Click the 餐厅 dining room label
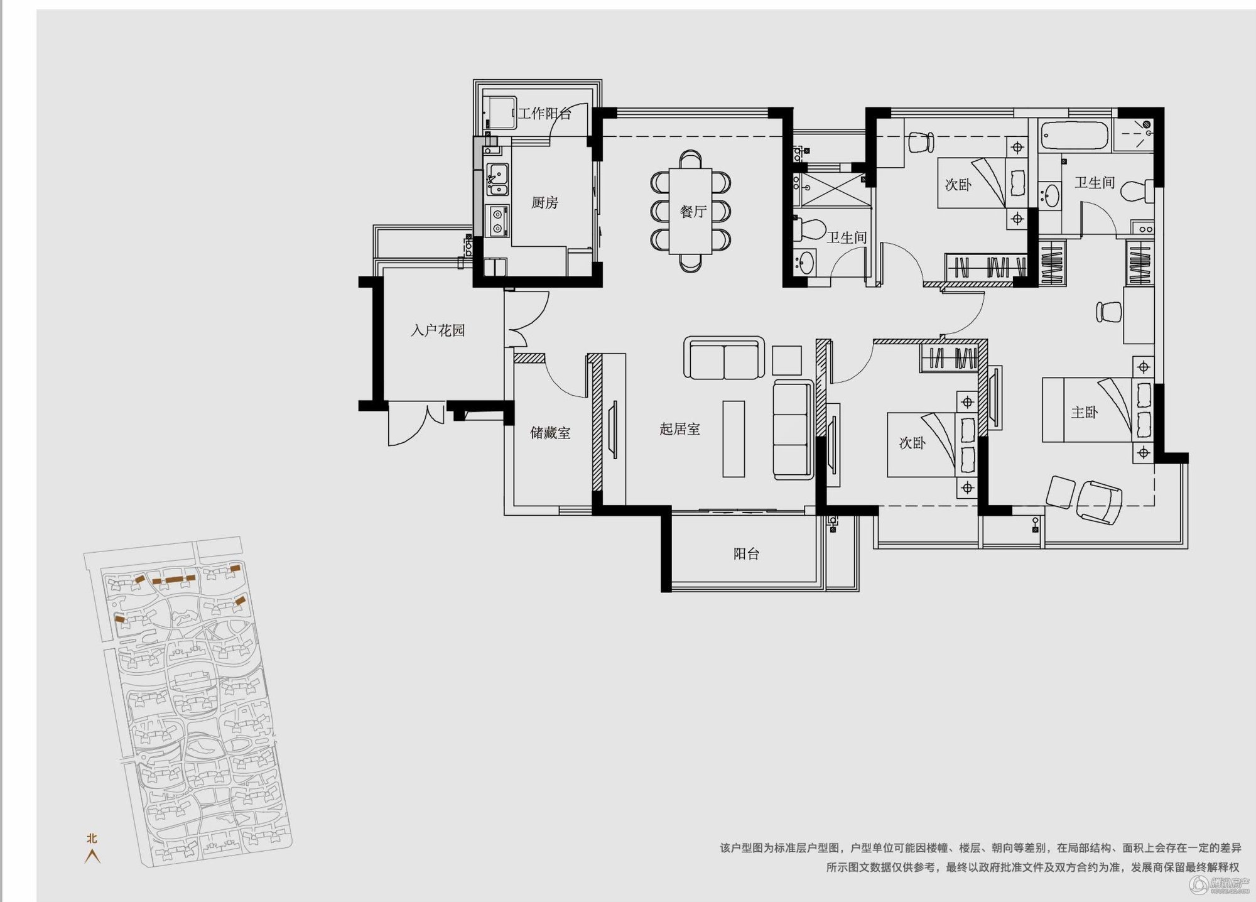pos(693,212)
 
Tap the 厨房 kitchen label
pos(544,202)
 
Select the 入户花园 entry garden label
pos(438,330)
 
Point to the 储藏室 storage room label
pos(550,433)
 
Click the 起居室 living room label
pos(679,429)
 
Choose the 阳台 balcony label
pos(746,553)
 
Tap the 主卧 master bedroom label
pos(1084,413)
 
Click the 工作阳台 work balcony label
pos(544,113)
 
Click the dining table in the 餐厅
pos(690,211)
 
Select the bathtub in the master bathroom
pos(1075,136)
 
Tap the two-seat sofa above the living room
pos(724,358)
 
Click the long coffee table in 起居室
pos(734,439)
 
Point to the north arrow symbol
pos(92,856)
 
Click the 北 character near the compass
pos(92,838)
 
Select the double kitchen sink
pos(497,179)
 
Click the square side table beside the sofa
pos(787,361)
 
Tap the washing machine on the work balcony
pos(499,113)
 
